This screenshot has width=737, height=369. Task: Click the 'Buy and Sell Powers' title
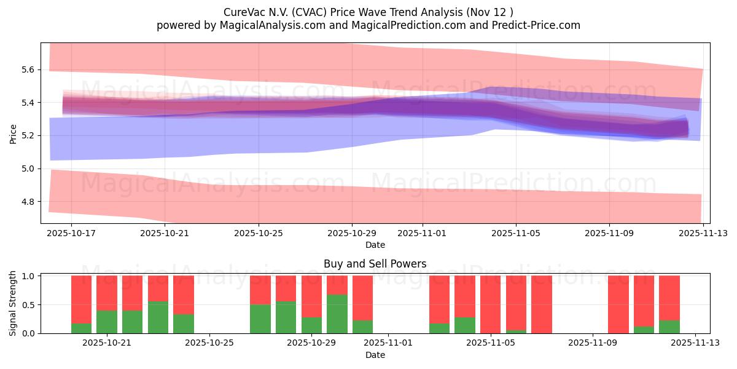click(x=375, y=264)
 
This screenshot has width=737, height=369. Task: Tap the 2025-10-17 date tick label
click(x=71, y=234)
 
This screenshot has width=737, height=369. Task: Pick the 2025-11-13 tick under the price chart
click(x=703, y=234)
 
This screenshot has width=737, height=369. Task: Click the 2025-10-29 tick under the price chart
click(x=352, y=234)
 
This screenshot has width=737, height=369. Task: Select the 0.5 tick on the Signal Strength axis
click(x=29, y=305)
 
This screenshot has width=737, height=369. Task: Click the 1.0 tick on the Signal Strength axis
click(x=29, y=276)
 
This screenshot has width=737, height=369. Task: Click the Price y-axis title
click(x=13, y=133)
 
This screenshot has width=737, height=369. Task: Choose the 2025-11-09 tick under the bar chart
click(x=593, y=343)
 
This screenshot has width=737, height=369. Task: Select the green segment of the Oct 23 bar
click(x=158, y=317)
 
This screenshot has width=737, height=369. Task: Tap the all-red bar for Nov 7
click(x=542, y=304)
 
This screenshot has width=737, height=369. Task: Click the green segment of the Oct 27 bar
click(x=260, y=319)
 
